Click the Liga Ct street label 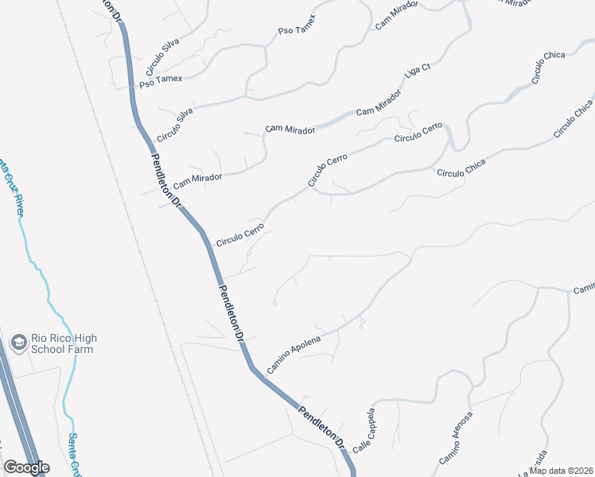click(417, 69)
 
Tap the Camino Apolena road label click(294, 355)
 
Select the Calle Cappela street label click(363, 432)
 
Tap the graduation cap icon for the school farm click(17, 343)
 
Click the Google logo click(26, 467)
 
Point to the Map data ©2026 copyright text click(562, 470)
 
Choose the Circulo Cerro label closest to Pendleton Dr click(239, 233)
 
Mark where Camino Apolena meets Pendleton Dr click(253, 369)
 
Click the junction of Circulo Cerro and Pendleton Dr click(204, 236)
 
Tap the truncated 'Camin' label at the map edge click(583, 288)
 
